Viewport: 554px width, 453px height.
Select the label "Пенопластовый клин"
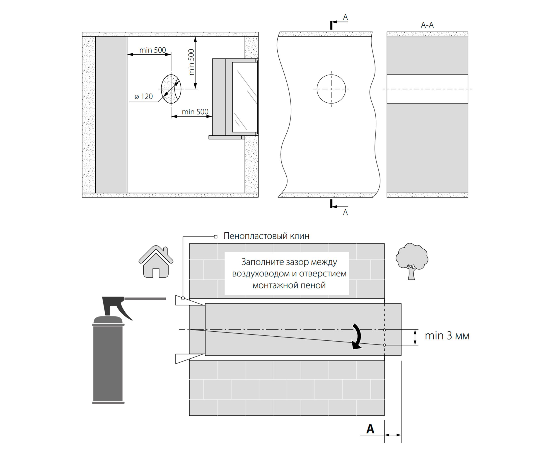[x=266, y=236]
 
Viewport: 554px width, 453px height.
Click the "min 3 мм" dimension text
[x=447, y=336]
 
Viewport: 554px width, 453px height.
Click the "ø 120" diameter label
[x=144, y=96]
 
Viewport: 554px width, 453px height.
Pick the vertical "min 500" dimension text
[x=191, y=62]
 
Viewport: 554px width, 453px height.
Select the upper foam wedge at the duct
[x=190, y=300]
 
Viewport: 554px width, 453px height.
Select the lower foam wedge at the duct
[x=190, y=359]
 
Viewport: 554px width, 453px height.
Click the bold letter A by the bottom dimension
[x=370, y=429]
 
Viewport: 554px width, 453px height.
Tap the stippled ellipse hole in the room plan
[x=171, y=89]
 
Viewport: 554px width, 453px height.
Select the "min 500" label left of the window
[x=195, y=112]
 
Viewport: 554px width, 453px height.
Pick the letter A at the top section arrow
[x=345, y=17]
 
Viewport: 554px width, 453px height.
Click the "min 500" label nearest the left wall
[x=152, y=50]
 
